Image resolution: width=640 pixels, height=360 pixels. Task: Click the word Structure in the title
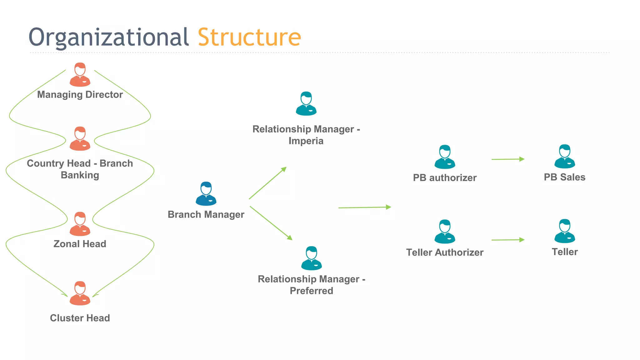pyautogui.click(x=249, y=37)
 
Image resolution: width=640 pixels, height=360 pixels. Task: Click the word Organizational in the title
pyautogui.click(x=108, y=37)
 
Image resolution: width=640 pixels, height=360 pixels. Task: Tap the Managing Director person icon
pyautogui.click(x=80, y=75)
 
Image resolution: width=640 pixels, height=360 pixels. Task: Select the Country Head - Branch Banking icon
pyautogui.click(x=80, y=139)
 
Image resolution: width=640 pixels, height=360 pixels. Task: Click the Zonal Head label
pyautogui.click(x=80, y=244)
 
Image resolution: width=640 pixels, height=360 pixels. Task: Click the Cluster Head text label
pyautogui.click(x=80, y=318)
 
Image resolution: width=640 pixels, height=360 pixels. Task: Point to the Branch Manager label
pyautogui.click(x=206, y=214)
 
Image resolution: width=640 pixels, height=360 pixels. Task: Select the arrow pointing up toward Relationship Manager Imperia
pyautogui.click(x=268, y=183)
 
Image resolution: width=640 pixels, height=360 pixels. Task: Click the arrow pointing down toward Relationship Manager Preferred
pyautogui.click(x=271, y=223)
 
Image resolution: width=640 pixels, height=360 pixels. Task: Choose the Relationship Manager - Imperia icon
pyautogui.click(x=306, y=104)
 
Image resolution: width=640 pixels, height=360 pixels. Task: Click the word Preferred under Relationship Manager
pyautogui.click(x=311, y=291)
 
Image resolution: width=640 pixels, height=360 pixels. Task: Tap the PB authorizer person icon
pyautogui.click(x=445, y=157)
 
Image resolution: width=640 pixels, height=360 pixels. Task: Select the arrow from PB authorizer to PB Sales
pyautogui.click(x=507, y=159)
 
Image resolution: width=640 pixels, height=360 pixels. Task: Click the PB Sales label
pyautogui.click(x=564, y=177)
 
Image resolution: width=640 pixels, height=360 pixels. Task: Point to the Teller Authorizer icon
pyautogui.click(x=445, y=232)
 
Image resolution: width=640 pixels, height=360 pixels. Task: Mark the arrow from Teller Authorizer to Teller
pyautogui.click(x=507, y=240)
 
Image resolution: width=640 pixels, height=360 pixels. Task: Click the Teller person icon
pyautogui.click(x=565, y=231)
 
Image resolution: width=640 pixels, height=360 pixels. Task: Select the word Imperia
pyautogui.click(x=306, y=141)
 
